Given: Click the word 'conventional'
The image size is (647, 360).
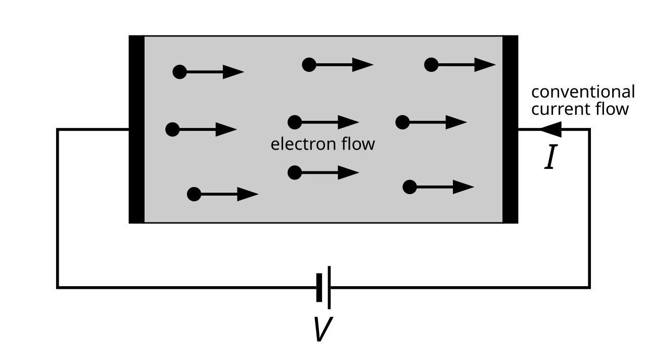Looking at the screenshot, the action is [583, 92].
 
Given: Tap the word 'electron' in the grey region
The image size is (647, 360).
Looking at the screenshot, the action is [303, 144].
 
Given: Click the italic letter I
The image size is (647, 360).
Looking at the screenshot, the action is [550, 157].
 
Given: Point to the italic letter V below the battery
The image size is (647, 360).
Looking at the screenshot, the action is [323, 329].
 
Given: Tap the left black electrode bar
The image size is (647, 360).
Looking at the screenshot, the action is [136, 129].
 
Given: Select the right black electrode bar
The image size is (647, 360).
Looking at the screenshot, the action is [511, 129].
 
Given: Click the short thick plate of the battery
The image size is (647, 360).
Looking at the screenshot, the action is [319, 288].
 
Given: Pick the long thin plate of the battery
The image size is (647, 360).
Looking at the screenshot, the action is [329, 288].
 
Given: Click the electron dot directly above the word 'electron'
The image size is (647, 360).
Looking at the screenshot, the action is [295, 122].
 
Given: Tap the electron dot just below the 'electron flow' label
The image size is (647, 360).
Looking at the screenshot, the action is [295, 172].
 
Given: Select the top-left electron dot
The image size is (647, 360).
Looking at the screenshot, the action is [179, 72].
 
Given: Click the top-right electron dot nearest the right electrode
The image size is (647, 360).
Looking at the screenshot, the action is [431, 65].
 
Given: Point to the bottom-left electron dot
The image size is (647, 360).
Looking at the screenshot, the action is [194, 194].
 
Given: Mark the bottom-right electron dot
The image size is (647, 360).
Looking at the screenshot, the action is [409, 187].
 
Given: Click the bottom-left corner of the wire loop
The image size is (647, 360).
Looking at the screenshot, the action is [58, 288].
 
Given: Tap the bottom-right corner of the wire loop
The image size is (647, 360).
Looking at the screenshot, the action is [589, 288].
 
